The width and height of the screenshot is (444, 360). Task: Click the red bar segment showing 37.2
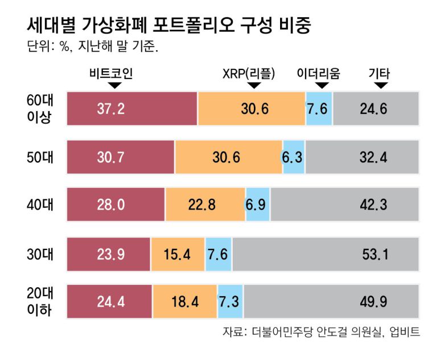point(132,109)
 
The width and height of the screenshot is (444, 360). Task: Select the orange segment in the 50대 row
point(228,157)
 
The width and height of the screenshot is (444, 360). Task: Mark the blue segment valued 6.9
point(257,204)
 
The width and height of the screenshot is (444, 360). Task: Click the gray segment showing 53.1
point(325,253)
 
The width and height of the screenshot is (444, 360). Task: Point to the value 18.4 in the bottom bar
point(185,301)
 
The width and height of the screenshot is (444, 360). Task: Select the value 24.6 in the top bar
point(373,109)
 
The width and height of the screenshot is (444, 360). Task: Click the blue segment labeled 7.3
point(231,301)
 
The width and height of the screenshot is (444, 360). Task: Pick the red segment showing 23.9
point(109,253)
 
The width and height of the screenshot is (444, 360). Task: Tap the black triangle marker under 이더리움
point(322,85)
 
